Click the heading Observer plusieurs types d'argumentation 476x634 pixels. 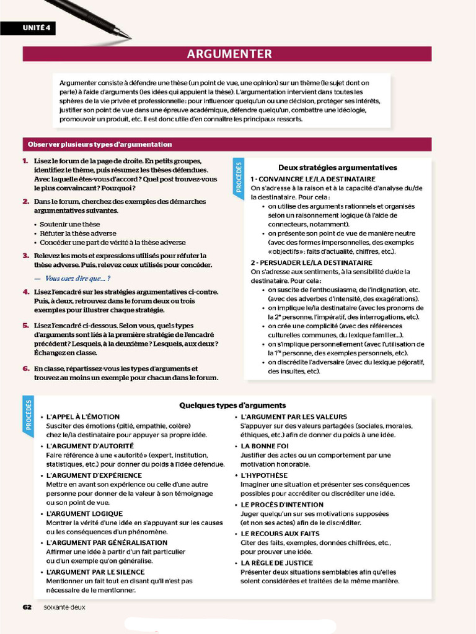coord(100,144)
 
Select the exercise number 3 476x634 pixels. coord(25,255)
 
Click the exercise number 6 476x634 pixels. coord(25,368)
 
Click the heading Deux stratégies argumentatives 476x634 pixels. coord(338,167)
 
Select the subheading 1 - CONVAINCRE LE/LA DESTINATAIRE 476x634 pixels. coord(313,179)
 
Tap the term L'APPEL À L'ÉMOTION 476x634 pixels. coord(83,417)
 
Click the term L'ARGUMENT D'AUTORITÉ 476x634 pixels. coord(90,446)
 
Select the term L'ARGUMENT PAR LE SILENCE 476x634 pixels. coord(95,572)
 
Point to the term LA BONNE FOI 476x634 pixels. coord(265,446)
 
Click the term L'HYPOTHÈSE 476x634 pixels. coord(263,475)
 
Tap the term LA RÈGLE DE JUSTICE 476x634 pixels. coord(277,563)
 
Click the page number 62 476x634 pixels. coord(27,607)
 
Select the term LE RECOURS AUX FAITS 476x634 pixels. coord(280,533)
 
